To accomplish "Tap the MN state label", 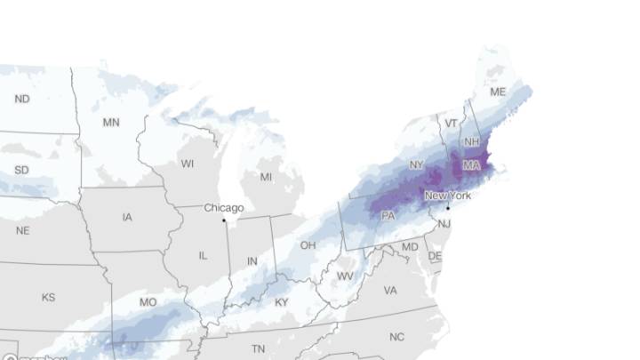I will (111, 122).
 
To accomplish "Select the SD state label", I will (21, 170).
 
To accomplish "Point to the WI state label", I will (187, 164).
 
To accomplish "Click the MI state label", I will (266, 177).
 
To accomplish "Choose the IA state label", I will (128, 216).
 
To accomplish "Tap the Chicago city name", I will (224, 208).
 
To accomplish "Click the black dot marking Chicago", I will (224, 219).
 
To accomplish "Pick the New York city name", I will (447, 196).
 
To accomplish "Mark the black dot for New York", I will (448, 208).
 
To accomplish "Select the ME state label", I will (499, 92).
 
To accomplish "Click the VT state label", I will (452, 124).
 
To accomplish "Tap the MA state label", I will (471, 166).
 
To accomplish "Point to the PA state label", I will (388, 216).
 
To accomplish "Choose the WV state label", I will (345, 276).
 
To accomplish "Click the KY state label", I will (282, 302).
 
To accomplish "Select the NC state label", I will (396, 337).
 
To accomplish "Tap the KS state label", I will (48, 297).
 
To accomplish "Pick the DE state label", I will (435, 256).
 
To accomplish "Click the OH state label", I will (308, 244).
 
